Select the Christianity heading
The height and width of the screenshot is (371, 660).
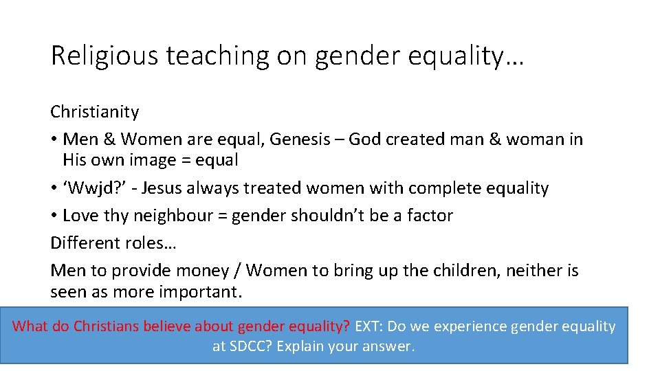[x=94, y=111]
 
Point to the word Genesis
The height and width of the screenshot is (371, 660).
[x=299, y=139]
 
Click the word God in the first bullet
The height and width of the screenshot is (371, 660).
[x=365, y=139]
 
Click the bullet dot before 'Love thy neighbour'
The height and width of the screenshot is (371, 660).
[x=54, y=216]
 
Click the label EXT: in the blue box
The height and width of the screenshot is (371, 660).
[x=368, y=326]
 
